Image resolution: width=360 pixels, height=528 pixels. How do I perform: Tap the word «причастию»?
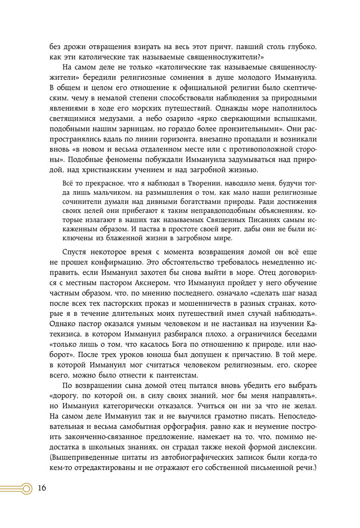(257, 352)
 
